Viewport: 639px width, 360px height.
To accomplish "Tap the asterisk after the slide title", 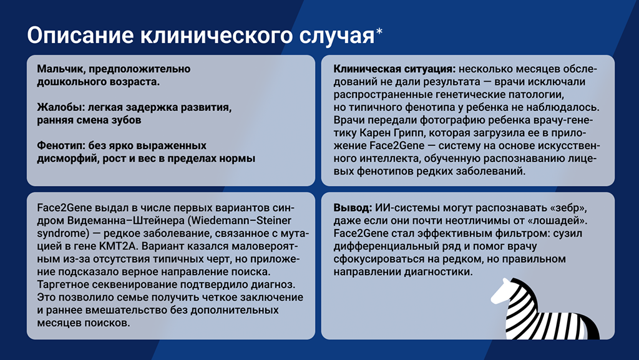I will pos(379,32).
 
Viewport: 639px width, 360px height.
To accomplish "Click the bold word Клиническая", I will pos(364,69).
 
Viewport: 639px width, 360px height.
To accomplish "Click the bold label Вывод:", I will pos(351,207).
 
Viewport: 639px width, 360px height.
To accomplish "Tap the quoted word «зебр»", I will pos(564,207).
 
